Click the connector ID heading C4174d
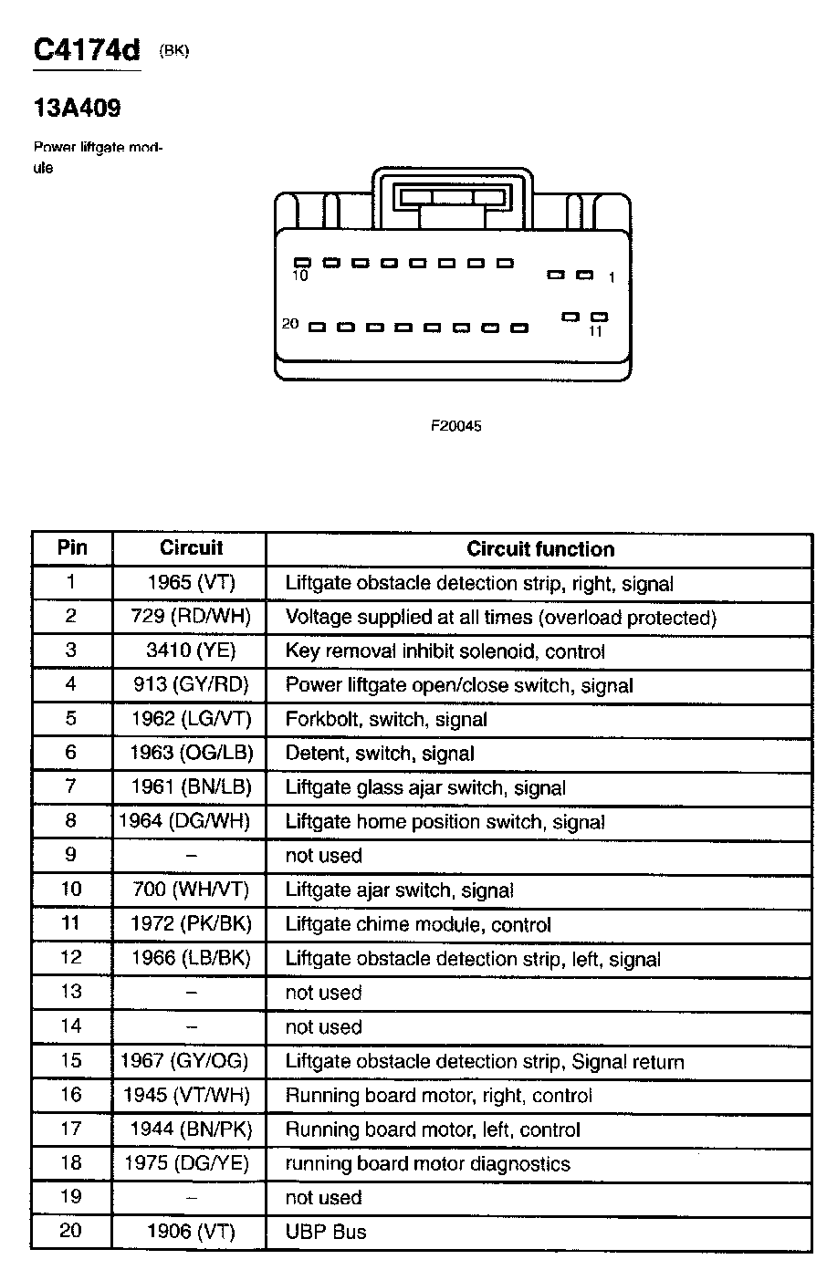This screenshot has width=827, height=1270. (x=87, y=50)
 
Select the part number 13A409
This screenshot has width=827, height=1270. (x=77, y=109)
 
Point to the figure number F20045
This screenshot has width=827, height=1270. (x=455, y=426)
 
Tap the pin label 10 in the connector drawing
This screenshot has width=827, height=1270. (x=300, y=276)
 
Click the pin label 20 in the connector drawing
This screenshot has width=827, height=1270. (x=291, y=324)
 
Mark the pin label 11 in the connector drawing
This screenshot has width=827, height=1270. (x=596, y=332)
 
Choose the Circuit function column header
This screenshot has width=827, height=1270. (x=540, y=549)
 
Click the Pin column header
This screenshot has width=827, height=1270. (x=72, y=547)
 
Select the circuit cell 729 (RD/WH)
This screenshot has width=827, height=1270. (x=191, y=616)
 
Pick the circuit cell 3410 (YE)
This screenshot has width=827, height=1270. (x=191, y=651)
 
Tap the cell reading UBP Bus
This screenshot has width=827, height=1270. (x=326, y=1232)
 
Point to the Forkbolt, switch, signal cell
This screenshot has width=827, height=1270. (x=386, y=719)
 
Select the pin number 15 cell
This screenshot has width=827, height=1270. (x=71, y=1060)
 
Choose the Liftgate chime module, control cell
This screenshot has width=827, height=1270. (x=418, y=924)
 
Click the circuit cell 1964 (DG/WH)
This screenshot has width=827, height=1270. (x=184, y=821)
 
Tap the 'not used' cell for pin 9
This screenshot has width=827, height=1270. (x=324, y=856)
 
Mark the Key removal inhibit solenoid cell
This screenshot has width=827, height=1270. (x=445, y=651)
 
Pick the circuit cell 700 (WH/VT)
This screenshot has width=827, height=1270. (x=191, y=890)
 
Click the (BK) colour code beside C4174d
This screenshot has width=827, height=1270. (x=173, y=51)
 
